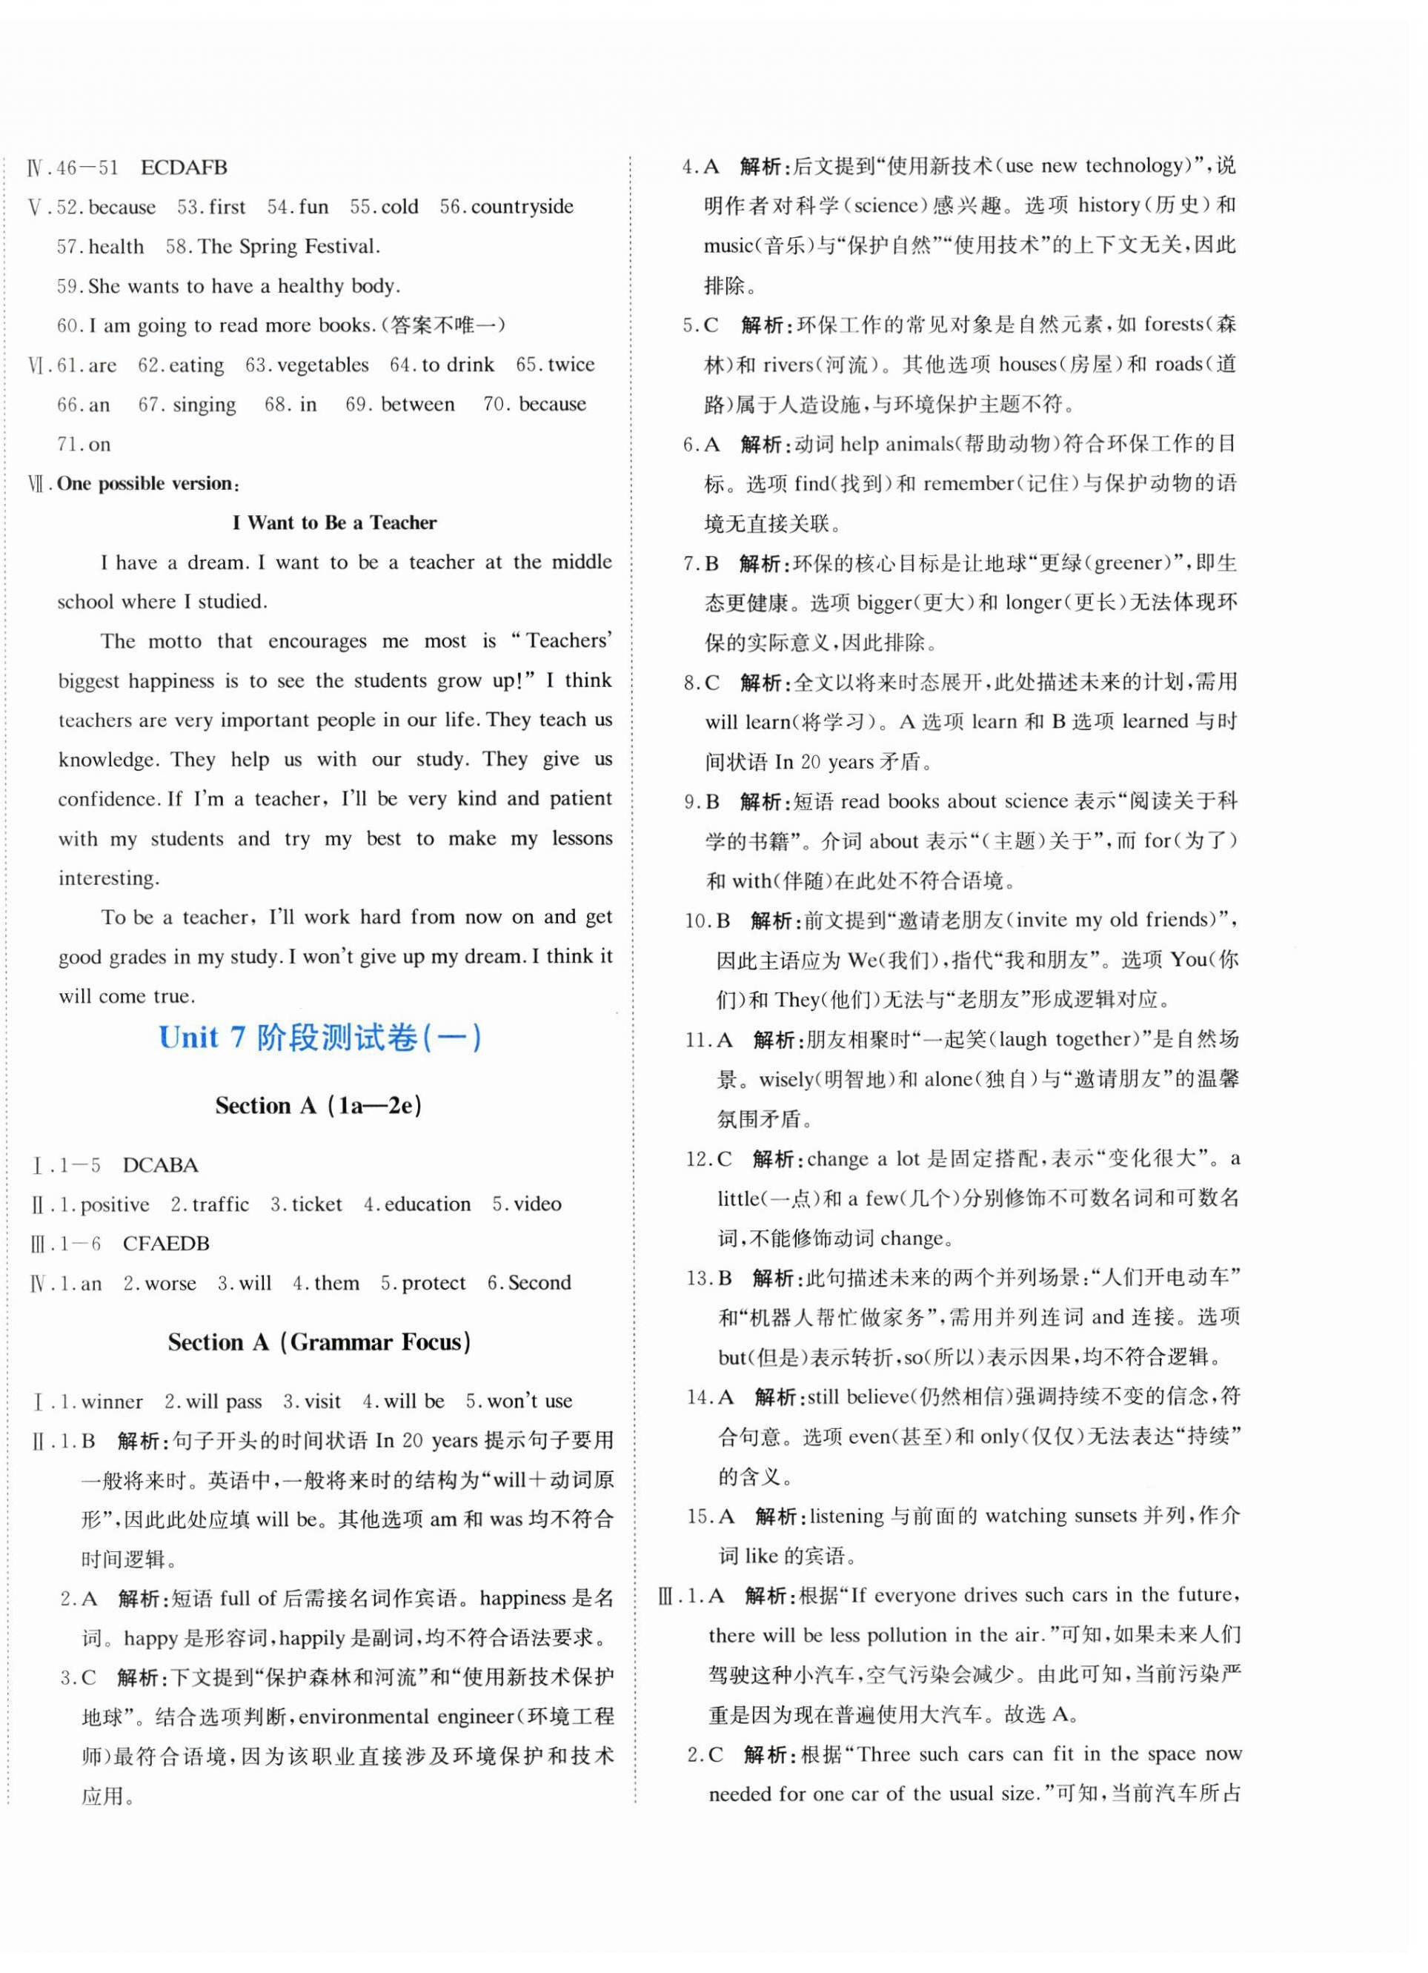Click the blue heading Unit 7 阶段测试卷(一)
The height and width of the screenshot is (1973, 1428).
[x=319, y=1037]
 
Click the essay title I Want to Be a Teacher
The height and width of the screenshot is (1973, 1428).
[x=334, y=523]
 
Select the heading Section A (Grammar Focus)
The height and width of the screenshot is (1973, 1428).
[x=319, y=1342]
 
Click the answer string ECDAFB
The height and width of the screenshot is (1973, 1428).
[x=184, y=167]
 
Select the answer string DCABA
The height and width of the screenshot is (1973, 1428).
[x=160, y=1165]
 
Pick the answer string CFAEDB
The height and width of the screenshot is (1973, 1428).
[x=165, y=1243]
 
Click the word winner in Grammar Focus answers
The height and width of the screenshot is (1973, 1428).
[x=112, y=1402]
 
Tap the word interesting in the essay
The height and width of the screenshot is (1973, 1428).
[x=109, y=878]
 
